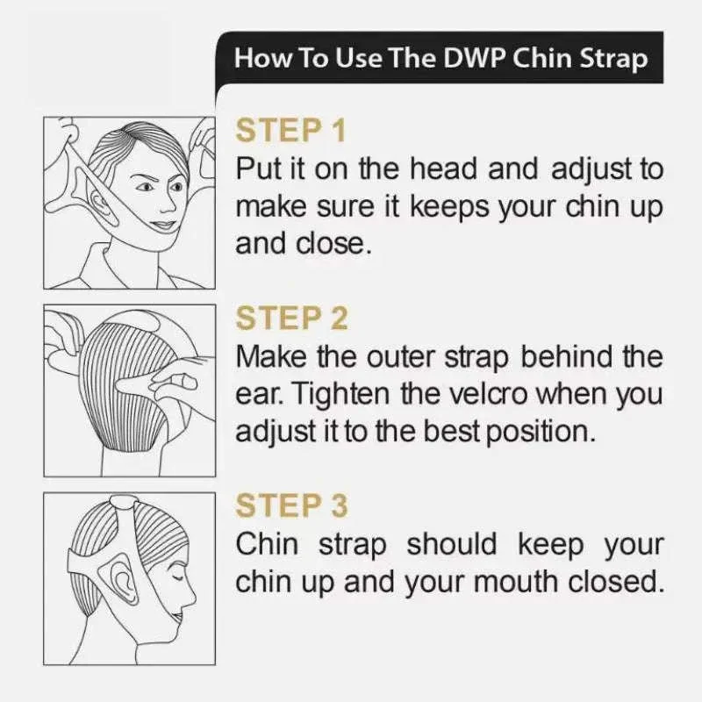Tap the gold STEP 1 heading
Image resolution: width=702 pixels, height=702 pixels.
pyautogui.click(x=291, y=130)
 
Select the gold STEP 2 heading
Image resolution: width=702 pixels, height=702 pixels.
pyautogui.click(x=291, y=318)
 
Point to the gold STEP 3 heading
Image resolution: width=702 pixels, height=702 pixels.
pyautogui.click(x=291, y=505)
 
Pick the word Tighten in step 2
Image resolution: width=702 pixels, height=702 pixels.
pyautogui.click(x=342, y=394)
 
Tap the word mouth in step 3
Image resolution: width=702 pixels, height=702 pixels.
pyautogui.click(x=516, y=582)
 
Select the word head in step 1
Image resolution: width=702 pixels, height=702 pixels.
pyautogui.click(x=443, y=169)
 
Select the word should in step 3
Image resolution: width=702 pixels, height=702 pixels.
pyautogui.click(x=452, y=544)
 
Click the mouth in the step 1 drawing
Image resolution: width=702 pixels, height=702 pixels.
pyautogui.click(x=161, y=224)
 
